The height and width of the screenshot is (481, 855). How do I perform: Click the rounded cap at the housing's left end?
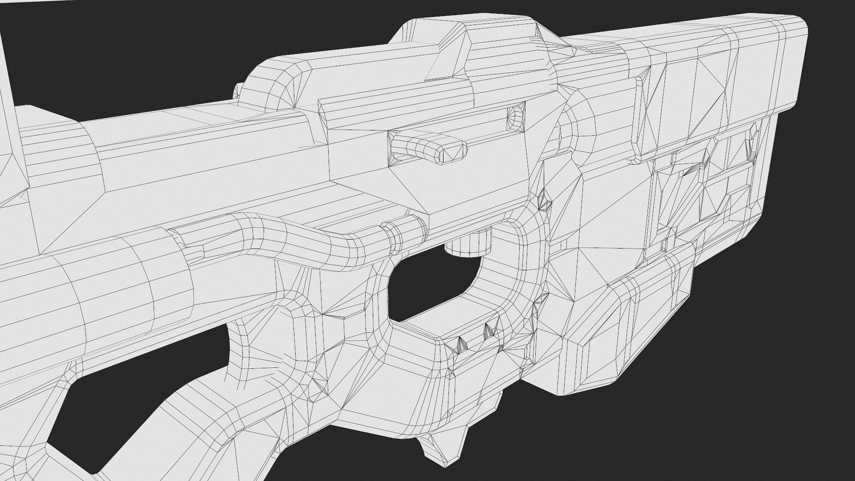click(x=272, y=85)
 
